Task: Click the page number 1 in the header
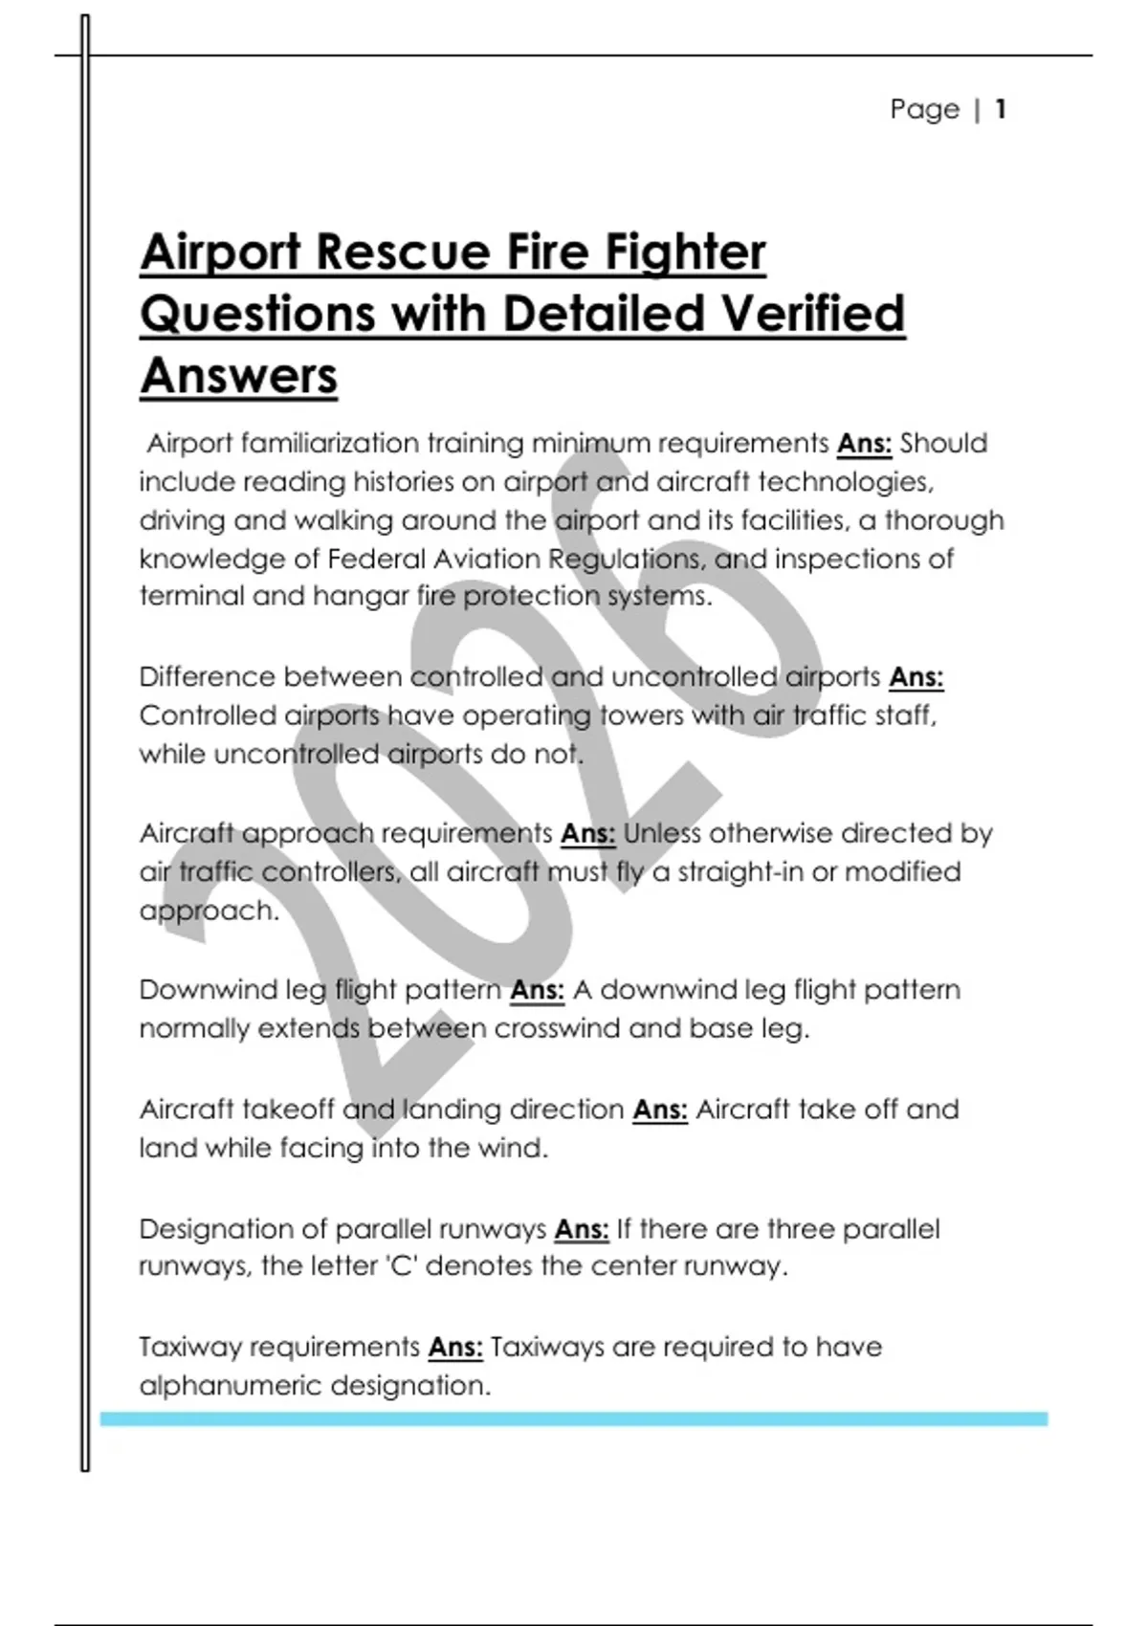point(1000,109)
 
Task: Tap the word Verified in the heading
point(811,314)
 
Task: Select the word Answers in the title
point(239,375)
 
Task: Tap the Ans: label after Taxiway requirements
point(455,1348)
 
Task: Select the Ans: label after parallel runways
point(582,1229)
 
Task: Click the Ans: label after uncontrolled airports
point(916,677)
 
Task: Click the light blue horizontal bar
point(574,1419)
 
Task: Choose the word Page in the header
point(924,109)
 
